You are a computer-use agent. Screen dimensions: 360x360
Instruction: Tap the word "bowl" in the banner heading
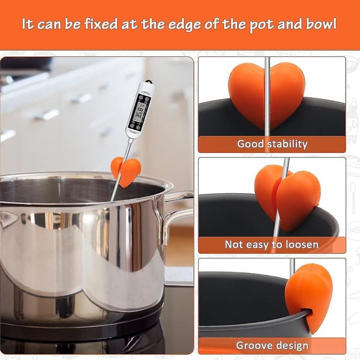(321, 24)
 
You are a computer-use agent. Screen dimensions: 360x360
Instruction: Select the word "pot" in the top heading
(261, 25)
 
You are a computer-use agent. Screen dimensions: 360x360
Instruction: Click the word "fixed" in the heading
(101, 23)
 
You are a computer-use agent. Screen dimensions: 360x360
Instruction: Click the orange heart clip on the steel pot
(126, 171)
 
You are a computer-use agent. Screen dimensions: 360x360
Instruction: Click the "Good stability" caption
(272, 144)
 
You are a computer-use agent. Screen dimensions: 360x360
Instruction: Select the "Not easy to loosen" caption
(272, 245)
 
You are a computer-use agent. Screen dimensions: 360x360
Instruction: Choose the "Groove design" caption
(272, 346)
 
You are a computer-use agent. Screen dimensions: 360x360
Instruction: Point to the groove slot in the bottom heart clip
(307, 312)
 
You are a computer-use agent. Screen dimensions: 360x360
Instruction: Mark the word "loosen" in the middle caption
(302, 245)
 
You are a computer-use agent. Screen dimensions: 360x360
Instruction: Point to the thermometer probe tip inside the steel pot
(112, 200)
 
